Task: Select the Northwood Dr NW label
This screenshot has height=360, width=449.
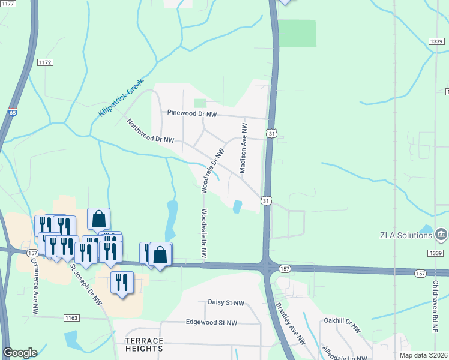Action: (x=150, y=131)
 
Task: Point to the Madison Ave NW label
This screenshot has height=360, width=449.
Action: (x=244, y=149)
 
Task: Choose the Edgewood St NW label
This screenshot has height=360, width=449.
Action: (x=211, y=322)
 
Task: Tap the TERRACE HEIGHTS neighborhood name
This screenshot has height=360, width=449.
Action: (x=144, y=344)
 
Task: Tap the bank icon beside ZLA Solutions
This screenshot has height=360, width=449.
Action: (x=441, y=233)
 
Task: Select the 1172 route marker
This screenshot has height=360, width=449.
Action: (x=45, y=62)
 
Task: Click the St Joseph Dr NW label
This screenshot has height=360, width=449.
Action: (x=86, y=284)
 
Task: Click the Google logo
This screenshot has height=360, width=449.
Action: (x=20, y=353)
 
